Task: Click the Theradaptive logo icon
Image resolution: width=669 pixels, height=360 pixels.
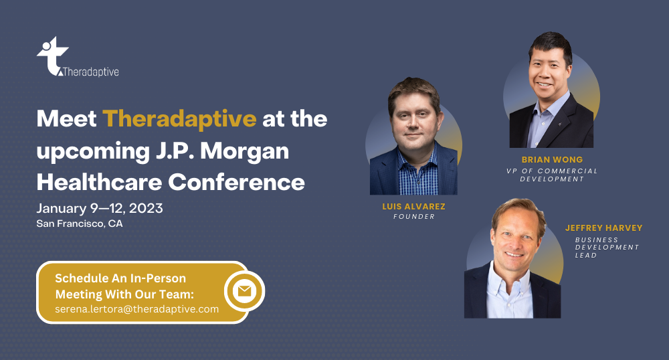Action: (52, 56)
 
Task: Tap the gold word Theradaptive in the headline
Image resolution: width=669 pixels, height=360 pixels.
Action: (179, 118)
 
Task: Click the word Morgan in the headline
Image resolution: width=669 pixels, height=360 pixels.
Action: (244, 151)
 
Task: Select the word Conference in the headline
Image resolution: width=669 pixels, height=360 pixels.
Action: (236, 182)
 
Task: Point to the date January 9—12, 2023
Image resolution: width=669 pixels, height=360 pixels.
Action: (100, 208)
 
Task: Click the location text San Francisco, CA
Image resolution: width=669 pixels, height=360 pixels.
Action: (80, 223)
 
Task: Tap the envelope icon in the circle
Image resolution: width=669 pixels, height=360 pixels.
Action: (244, 291)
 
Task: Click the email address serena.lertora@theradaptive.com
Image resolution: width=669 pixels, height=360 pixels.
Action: (137, 309)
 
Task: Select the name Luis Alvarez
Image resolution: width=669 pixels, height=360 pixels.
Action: (413, 207)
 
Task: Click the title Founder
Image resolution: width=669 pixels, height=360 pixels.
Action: (414, 217)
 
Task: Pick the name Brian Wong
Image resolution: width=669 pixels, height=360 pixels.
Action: (552, 159)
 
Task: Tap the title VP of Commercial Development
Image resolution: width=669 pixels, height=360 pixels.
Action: (552, 175)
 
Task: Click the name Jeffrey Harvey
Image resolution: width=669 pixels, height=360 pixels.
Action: (603, 228)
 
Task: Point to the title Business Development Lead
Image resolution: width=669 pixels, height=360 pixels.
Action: (607, 248)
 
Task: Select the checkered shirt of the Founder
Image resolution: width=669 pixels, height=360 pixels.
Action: (417, 173)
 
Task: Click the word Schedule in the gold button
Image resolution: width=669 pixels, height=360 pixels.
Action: (82, 278)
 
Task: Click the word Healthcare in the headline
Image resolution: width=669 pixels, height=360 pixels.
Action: (100, 182)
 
